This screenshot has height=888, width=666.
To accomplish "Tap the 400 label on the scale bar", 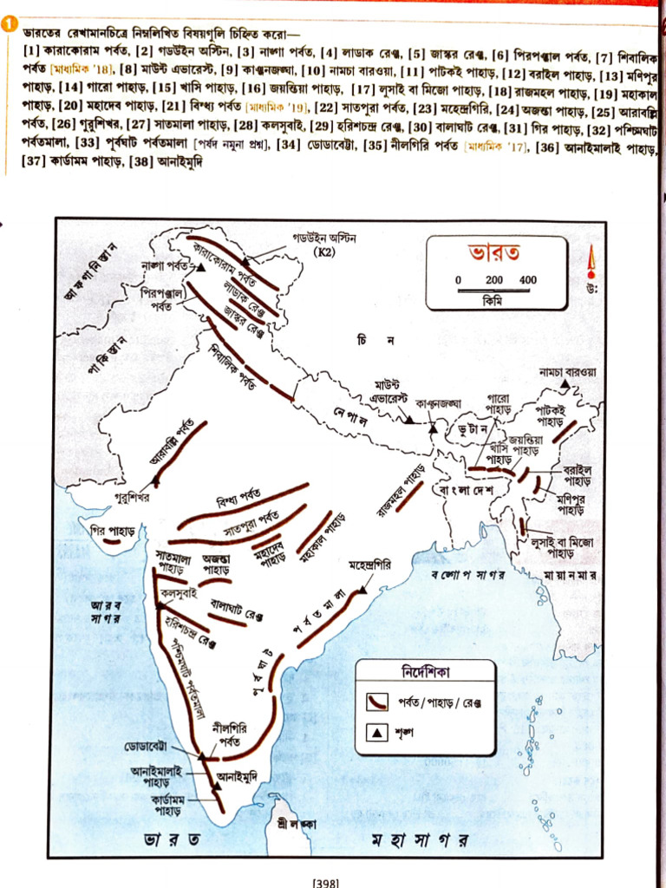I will click(x=527, y=280).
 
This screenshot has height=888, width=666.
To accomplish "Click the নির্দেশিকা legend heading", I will click(x=424, y=672).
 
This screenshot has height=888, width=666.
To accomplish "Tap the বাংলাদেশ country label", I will click(x=466, y=491).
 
